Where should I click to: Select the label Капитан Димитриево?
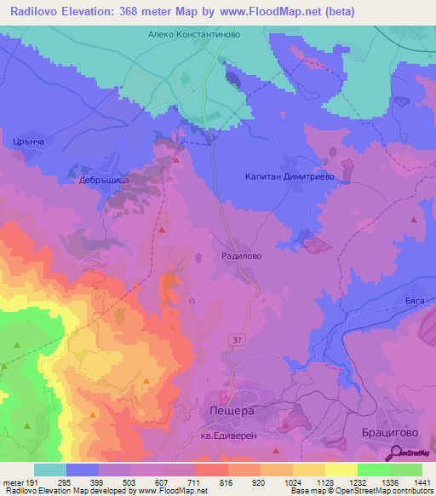[x=287, y=178]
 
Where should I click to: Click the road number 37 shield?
[x=236, y=339]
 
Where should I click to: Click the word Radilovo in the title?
[x=37, y=11]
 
